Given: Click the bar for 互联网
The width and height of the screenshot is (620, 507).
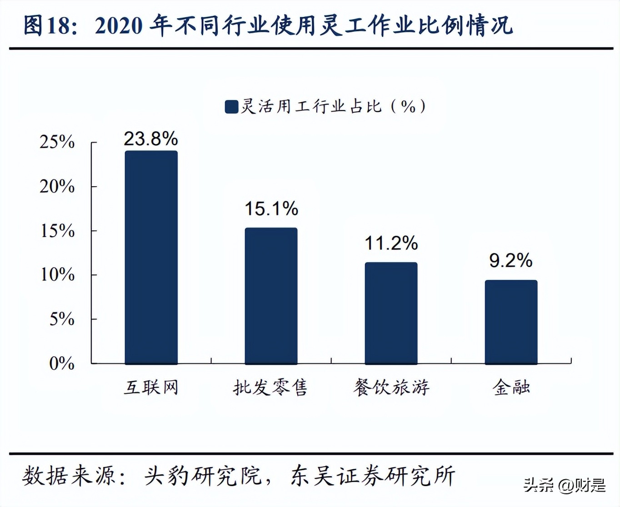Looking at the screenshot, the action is (x=151, y=257).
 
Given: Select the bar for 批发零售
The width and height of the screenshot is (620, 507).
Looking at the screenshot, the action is (x=271, y=296).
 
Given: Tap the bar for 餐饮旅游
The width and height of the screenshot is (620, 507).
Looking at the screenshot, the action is (x=391, y=313).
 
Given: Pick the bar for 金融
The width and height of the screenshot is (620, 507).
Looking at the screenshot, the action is (x=511, y=322).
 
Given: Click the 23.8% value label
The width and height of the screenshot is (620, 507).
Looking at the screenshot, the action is (x=151, y=139).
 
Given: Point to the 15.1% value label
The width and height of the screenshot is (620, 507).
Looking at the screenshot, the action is (x=271, y=209).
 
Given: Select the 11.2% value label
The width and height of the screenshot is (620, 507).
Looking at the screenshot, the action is (x=391, y=243).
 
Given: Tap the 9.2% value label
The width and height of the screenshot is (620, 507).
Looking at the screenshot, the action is (x=510, y=260).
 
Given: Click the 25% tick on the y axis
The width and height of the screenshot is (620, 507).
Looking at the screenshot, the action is (x=57, y=142).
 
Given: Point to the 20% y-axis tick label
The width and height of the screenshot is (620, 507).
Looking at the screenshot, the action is (x=57, y=186).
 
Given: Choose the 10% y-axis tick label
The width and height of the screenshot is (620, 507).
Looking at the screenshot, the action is (x=57, y=274).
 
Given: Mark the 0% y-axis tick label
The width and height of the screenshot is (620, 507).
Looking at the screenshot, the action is (x=61, y=363).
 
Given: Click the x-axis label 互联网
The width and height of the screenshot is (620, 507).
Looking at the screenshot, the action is (x=151, y=388).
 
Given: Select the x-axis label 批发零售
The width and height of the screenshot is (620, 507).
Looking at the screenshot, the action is (x=271, y=388).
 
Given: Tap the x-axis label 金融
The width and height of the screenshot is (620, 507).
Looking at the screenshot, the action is (x=511, y=388).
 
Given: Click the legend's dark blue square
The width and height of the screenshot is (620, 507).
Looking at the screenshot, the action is (x=231, y=107).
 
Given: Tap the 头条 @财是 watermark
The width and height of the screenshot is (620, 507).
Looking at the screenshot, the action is (x=565, y=485).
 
